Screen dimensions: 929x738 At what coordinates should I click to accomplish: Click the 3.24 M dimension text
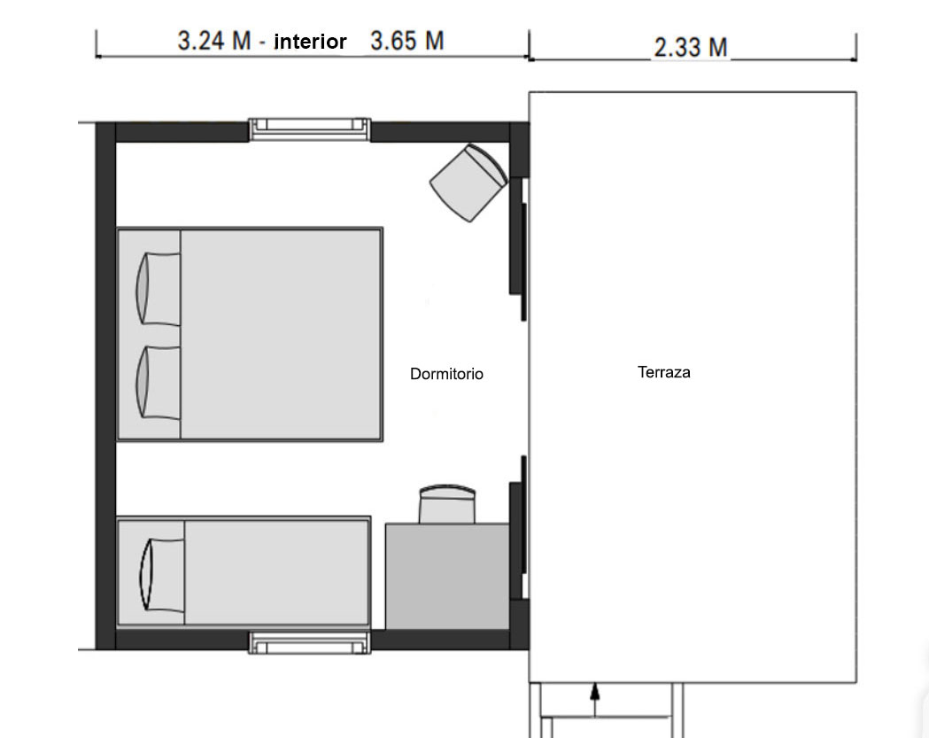point(214,41)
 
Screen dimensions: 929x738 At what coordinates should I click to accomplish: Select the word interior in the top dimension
point(310,42)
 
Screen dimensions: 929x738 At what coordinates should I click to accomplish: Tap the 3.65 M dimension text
point(407,41)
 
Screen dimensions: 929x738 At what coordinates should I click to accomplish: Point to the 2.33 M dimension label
point(691,48)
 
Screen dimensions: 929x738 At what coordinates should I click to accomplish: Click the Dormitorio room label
point(446,374)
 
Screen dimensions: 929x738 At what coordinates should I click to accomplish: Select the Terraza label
point(664,372)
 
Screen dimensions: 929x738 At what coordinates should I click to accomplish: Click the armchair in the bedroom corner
point(468,183)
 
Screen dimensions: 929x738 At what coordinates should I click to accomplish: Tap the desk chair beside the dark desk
point(446,504)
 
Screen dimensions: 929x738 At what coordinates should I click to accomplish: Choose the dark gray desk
point(447,576)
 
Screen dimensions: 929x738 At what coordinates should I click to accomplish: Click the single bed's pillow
point(162,574)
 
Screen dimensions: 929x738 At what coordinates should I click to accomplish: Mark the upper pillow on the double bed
point(159,289)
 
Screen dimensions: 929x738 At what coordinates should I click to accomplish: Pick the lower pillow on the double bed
point(159,383)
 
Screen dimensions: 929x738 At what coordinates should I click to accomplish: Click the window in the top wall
point(309,129)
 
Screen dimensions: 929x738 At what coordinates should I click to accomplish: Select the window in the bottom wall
point(309,642)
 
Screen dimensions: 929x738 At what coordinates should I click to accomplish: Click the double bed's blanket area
point(281,334)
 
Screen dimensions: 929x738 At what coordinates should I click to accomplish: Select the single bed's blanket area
point(276,572)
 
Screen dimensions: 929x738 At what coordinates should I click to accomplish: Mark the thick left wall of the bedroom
point(105,386)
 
